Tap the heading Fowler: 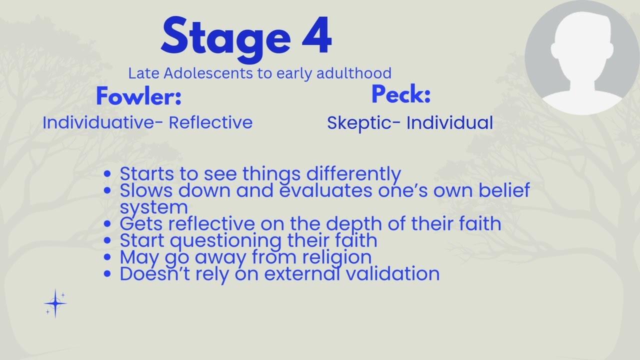pyautogui.click(x=138, y=96)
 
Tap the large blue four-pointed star pyautogui.click(x=55, y=303)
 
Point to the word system pyautogui.click(x=153, y=207)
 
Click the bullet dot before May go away pyautogui.click(x=106, y=257)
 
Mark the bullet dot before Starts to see pyautogui.click(x=106, y=174)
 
